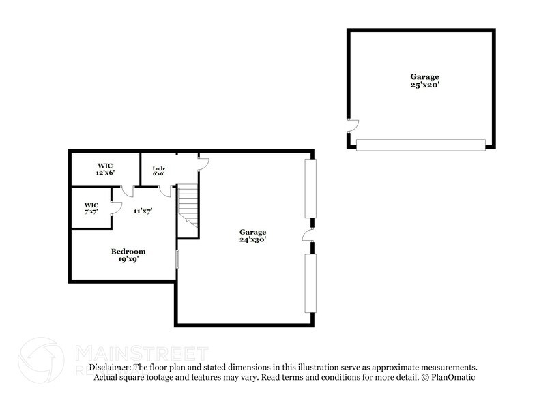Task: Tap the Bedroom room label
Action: pyautogui.click(x=128, y=252)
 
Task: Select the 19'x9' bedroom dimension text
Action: pyautogui.click(x=128, y=259)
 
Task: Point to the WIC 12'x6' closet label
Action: pyautogui.click(x=105, y=169)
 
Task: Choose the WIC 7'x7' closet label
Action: pyautogui.click(x=91, y=208)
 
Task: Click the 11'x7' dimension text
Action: pyautogui.click(x=142, y=211)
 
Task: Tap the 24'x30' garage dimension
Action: pyautogui.click(x=252, y=239)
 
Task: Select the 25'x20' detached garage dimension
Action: pyautogui.click(x=424, y=85)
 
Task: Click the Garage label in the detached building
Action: pyautogui.click(x=424, y=77)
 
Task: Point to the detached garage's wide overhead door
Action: pyautogui.click(x=420, y=145)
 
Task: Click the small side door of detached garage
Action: pyautogui.click(x=352, y=125)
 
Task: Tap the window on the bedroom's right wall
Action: pyautogui.click(x=177, y=259)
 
